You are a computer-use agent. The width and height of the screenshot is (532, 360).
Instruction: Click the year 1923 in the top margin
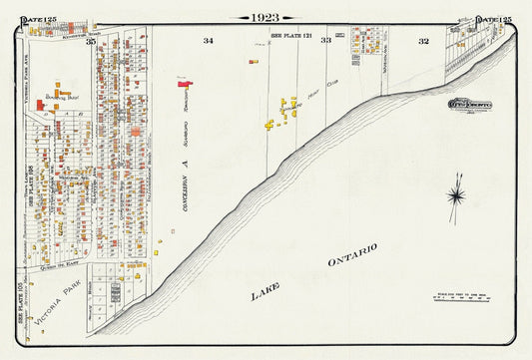point(266,17)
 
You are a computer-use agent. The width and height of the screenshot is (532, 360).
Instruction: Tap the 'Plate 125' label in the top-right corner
point(494,19)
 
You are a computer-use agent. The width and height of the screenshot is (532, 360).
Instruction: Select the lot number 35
point(90,41)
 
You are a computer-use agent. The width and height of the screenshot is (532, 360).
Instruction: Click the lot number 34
point(208,41)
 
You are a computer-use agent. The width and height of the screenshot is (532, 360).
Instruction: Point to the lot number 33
point(325,41)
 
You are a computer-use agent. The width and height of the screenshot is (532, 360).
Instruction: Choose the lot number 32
point(423,41)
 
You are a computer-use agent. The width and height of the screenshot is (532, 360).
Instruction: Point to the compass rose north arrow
point(455,194)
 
